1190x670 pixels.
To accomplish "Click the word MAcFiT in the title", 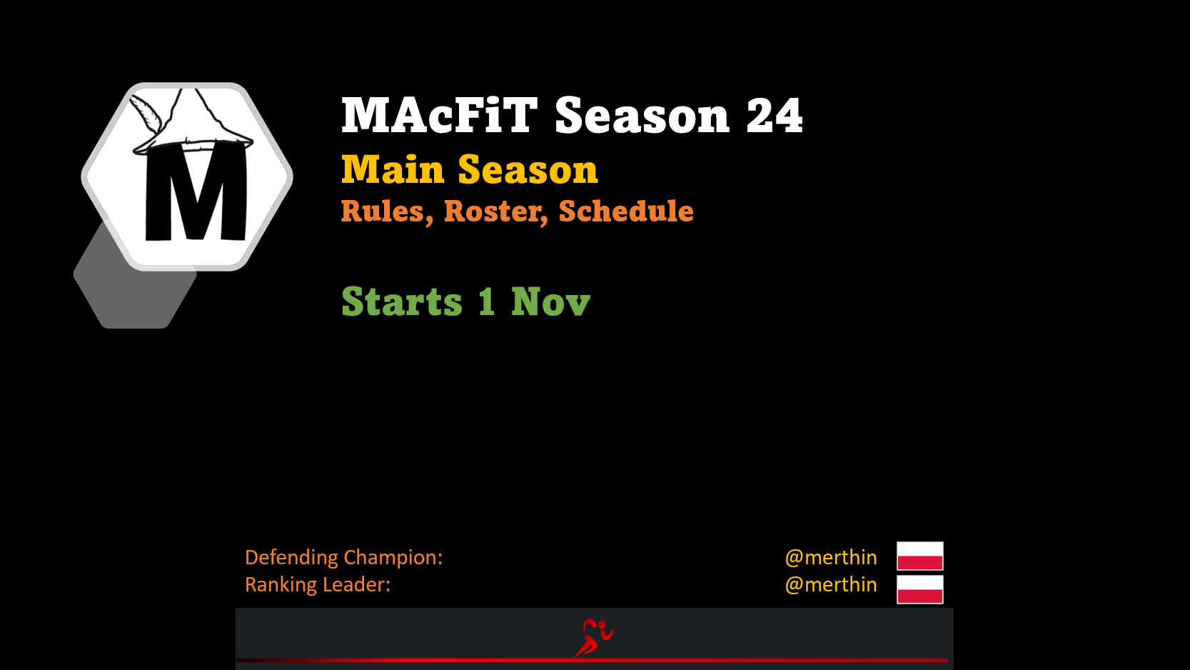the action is tap(439, 115).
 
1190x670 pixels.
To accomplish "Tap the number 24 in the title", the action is tap(774, 116).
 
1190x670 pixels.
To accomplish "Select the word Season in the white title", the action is tap(642, 116).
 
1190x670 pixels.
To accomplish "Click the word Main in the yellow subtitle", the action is tap(393, 169).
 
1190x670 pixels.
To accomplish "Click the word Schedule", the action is tap(626, 211).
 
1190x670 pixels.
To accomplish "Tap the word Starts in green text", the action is tap(402, 301).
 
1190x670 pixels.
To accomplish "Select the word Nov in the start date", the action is tap(550, 301).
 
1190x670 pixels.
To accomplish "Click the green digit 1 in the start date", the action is tap(487, 301).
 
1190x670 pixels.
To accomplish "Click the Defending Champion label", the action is tap(343, 557).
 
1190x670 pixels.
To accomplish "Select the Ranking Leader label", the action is tap(318, 584).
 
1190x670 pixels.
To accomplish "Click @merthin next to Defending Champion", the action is tap(831, 557).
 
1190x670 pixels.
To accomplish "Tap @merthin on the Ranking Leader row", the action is tap(831, 584).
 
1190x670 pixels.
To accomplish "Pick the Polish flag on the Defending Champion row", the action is tap(920, 556).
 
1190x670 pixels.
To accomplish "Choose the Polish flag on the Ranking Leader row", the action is tap(920, 589).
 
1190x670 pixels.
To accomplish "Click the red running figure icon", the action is tap(594, 638).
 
